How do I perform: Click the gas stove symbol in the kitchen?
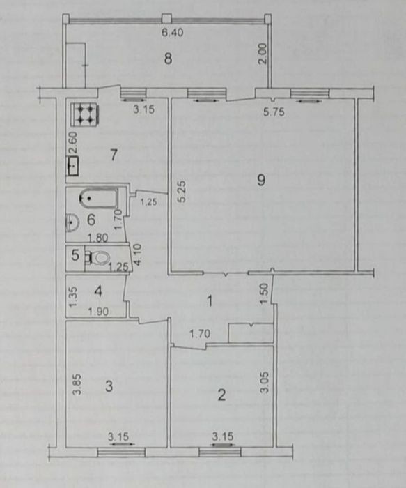click(85, 114)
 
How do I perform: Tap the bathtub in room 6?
click(99, 199)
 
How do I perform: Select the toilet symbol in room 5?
click(99, 258)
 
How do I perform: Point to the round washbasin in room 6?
click(72, 222)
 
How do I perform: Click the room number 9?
click(261, 180)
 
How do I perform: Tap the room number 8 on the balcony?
click(168, 58)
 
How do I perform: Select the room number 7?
click(114, 155)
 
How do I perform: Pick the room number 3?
click(109, 386)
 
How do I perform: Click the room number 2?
click(221, 395)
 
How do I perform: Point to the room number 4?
click(98, 291)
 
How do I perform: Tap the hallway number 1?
click(210, 301)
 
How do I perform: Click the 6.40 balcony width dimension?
click(173, 32)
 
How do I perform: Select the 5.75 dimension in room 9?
click(274, 112)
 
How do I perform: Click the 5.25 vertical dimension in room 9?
click(182, 192)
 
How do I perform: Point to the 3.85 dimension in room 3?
click(78, 384)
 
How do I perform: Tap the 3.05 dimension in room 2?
click(265, 383)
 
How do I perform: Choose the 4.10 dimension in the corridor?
click(137, 254)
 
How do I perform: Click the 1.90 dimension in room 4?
click(98, 312)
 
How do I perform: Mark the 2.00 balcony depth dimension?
click(263, 54)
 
